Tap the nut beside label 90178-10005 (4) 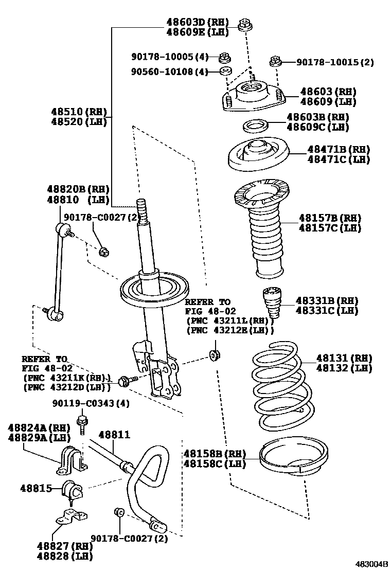224,57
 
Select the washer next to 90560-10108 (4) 225,71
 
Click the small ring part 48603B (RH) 254,126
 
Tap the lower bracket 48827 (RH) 69,516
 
